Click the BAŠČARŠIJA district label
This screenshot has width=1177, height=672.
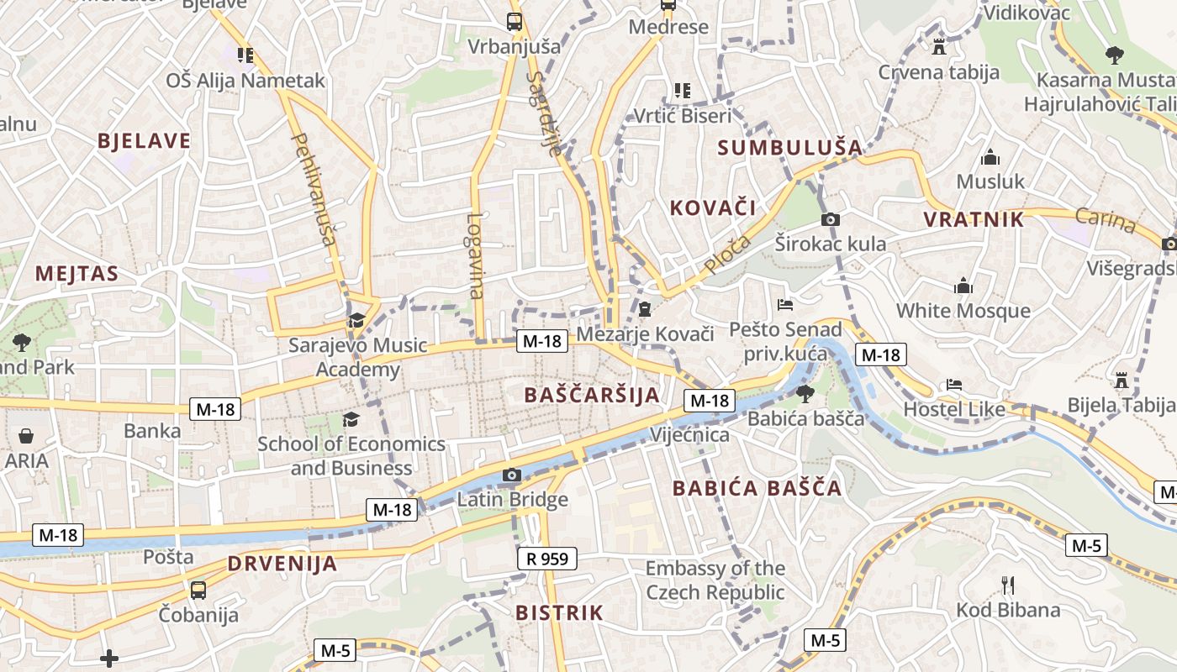[x=592, y=395]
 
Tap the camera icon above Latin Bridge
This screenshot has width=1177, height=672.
[x=511, y=475]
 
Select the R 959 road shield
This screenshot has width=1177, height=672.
[x=546, y=558]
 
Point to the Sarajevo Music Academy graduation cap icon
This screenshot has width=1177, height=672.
[x=356, y=320]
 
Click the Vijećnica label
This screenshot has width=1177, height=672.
[x=690, y=435]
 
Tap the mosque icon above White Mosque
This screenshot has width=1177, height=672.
[x=963, y=286]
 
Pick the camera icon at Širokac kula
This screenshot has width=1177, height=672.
[x=830, y=219]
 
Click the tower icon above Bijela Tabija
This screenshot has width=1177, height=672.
[x=1121, y=380]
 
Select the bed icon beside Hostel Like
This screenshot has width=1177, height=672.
[x=953, y=385]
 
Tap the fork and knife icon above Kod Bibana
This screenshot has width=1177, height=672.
[x=1008, y=585]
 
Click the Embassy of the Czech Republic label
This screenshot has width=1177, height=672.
[x=715, y=580]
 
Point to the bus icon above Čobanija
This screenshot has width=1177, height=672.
[x=198, y=590]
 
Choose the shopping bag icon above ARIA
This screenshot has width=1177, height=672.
[x=26, y=436]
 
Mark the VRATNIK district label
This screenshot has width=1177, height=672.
[x=974, y=220]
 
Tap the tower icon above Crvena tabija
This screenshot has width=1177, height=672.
[x=939, y=46]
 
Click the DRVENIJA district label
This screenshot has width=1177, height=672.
[x=282, y=564]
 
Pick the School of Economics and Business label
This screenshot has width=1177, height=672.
[x=351, y=455]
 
